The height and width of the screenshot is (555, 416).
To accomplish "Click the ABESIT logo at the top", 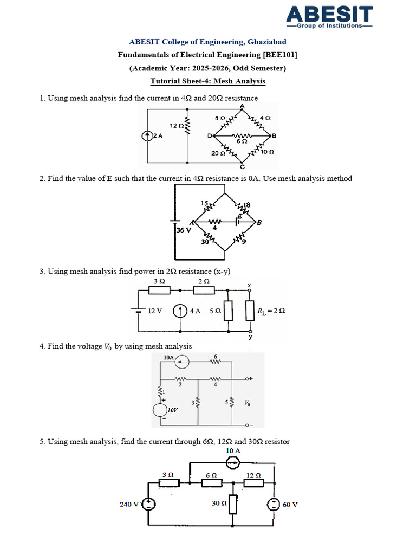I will (x=329, y=16).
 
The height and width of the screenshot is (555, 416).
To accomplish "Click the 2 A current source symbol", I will (x=147, y=136).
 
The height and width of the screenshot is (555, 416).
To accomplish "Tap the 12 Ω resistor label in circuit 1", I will (x=175, y=126).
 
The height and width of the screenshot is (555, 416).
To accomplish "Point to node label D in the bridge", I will (x=210, y=136).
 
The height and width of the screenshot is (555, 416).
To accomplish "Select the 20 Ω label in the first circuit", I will (x=218, y=153).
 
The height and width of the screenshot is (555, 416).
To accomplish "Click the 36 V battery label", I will (x=184, y=230).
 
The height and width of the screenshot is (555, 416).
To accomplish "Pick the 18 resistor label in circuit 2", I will (x=247, y=204).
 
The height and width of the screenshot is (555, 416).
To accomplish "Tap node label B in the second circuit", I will (x=259, y=222).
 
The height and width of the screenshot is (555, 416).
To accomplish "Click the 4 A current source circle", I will (x=180, y=311).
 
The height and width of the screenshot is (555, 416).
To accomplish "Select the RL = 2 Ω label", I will (x=271, y=311).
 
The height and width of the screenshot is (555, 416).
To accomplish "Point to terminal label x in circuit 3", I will (x=249, y=285).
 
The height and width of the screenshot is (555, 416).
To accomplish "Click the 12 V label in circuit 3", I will (x=155, y=311).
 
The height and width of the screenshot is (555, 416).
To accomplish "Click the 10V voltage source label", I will (x=174, y=410).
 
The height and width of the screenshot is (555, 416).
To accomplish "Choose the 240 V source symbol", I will (x=149, y=505).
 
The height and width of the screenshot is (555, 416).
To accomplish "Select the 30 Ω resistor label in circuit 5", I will (x=219, y=503).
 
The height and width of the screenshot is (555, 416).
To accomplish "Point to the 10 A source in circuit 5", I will (x=233, y=462).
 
